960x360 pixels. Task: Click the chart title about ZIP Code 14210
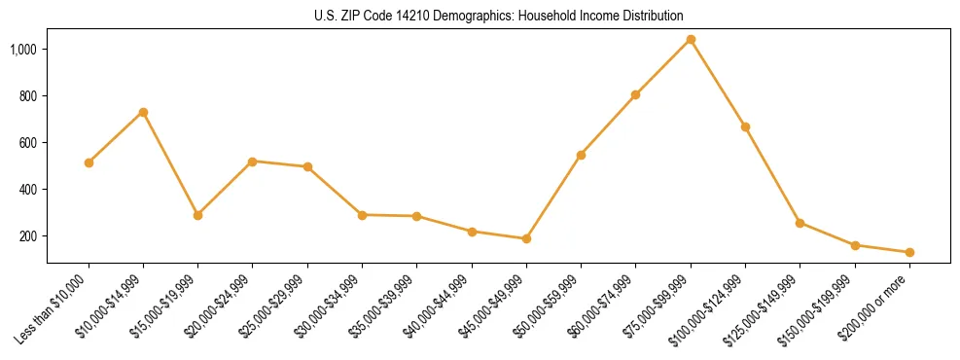coord(499,16)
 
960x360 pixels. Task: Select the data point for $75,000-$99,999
coord(691,40)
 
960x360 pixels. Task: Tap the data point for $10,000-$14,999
coord(143,113)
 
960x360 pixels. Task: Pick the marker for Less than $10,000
coord(89,162)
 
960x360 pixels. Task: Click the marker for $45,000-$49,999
coord(526,238)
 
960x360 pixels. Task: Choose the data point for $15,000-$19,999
coord(198,215)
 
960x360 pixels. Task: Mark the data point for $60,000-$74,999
coord(636,94)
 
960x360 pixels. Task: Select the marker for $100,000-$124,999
coord(745,126)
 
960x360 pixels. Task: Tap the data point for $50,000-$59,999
coord(581,155)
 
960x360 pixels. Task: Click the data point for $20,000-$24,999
coord(253,162)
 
